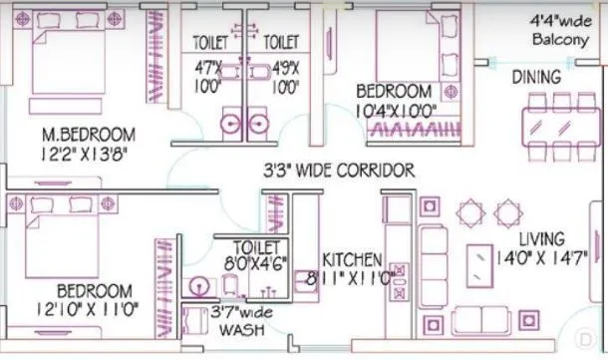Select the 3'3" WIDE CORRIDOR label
pyautogui.click(x=338, y=172)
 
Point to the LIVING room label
pyautogui.click(x=542, y=239)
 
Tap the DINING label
pyautogui.click(x=536, y=77)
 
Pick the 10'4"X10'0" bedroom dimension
pyautogui.click(x=397, y=111)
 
